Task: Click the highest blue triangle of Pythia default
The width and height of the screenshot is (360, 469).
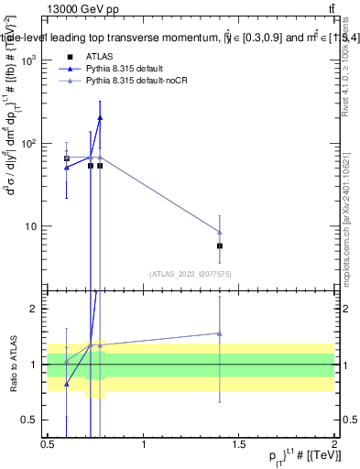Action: pos(100,117)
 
